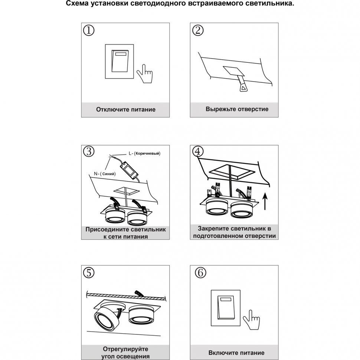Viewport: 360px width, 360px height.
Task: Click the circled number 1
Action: tap(89, 30)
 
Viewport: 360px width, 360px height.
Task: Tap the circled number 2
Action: tap(198, 30)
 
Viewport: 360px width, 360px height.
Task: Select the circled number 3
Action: tap(89, 151)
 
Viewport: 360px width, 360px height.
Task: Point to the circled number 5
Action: tap(89, 272)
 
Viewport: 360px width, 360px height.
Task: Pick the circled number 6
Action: tap(200, 272)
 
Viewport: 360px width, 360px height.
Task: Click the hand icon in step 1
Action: tap(145, 74)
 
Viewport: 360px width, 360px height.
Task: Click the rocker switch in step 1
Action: tap(120, 61)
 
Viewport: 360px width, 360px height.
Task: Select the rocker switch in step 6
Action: tap(226, 308)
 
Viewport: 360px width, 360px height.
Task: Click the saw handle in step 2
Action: tap(243, 87)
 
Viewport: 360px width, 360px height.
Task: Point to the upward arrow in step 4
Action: tap(265, 202)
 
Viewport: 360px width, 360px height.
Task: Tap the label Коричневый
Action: tap(147, 153)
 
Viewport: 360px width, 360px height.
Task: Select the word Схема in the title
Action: tap(77, 3)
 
